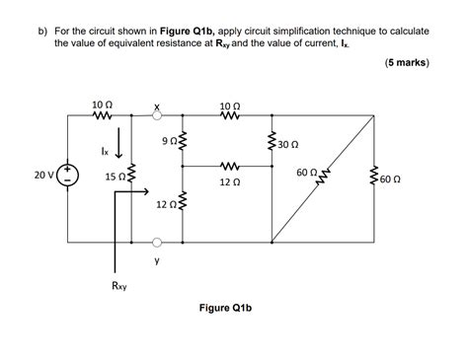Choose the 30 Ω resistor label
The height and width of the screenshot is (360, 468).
pos(289,144)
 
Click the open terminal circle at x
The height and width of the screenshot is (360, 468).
pos(156,114)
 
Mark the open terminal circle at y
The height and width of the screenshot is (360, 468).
pos(156,239)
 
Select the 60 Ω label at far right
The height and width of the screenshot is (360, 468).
pos(390,180)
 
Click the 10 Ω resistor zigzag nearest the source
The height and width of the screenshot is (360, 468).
pos(103,114)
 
